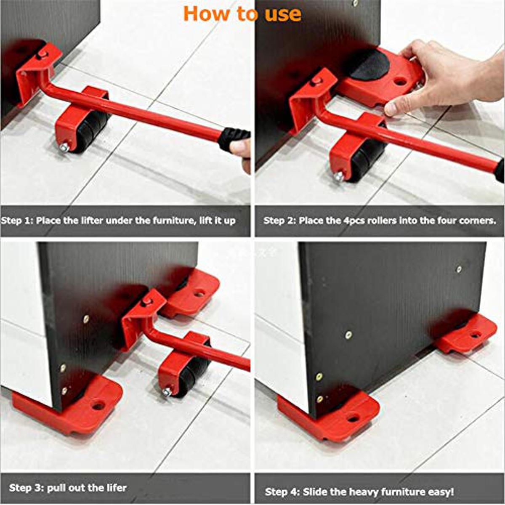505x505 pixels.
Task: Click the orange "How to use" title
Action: click(x=242, y=13)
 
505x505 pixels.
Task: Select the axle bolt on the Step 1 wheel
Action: click(x=64, y=147)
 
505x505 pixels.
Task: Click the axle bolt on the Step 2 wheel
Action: click(x=338, y=176)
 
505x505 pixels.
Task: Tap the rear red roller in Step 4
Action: click(x=467, y=335)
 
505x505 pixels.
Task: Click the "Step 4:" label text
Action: click(x=282, y=491)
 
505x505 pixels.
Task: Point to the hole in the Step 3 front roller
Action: click(x=98, y=406)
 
